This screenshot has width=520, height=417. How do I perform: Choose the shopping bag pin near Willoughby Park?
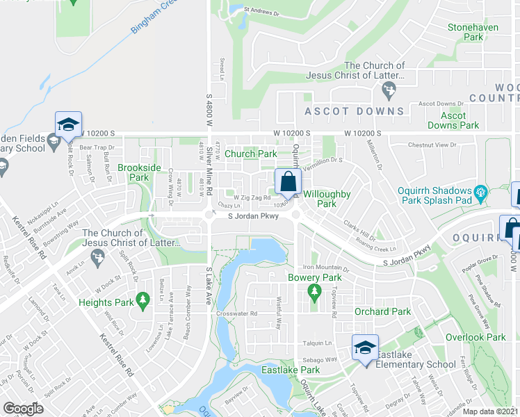(288, 182)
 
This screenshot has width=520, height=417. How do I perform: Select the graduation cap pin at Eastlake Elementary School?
(364, 347)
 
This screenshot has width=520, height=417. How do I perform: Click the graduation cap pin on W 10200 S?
(68, 125)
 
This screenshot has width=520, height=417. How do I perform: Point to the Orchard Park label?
(382, 312)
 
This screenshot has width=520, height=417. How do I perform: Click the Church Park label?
(250, 154)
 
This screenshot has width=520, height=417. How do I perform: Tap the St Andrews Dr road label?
(261, 10)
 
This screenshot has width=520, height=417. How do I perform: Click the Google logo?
(23, 409)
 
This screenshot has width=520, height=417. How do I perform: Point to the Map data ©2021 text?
(489, 411)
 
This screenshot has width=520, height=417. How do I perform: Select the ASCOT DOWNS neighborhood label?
(355, 111)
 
